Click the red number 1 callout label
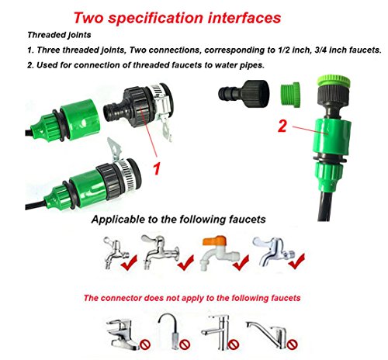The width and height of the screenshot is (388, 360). (157, 168)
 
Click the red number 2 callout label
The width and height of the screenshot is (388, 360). (282, 126)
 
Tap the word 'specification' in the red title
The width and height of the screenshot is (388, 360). (155, 18)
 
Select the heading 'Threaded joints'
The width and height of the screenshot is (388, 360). (59, 35)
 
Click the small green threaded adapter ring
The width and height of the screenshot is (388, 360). (290, 93)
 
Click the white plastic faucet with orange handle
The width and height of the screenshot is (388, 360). (219, 253)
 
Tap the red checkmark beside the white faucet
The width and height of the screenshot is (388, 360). (241, 262)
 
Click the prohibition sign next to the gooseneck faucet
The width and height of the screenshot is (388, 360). (185, 344)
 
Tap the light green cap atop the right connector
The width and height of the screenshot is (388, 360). (334, 80)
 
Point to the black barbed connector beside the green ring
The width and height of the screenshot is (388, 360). (244, 93)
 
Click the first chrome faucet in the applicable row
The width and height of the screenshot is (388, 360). (116, 252)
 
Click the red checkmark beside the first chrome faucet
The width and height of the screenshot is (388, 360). (129, 262)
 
